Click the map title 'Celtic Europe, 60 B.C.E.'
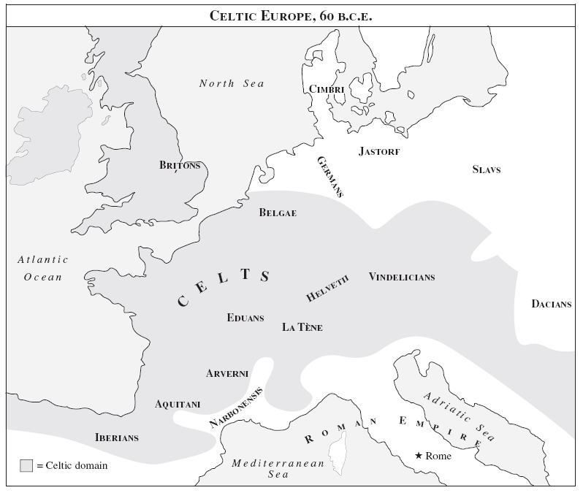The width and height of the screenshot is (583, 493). (291, 15)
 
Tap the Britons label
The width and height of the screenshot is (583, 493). (180, 165)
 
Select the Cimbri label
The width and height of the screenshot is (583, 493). (326, 89)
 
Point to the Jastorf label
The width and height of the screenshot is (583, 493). (379, 152)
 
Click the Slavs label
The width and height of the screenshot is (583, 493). (487, 169)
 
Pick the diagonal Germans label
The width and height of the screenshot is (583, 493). (330, 177)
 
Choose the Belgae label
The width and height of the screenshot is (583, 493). (278, 213)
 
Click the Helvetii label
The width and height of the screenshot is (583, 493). (328, 288)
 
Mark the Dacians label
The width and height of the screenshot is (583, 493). (551, 304)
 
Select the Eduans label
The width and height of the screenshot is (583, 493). (245, 318)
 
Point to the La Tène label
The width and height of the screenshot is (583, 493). (302, 327)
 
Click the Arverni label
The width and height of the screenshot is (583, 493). (227, 373)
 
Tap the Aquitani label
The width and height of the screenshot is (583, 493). (178, 404)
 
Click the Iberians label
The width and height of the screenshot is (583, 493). (117, 437)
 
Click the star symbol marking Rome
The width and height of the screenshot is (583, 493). (419, 456)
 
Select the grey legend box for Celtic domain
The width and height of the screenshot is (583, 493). (26, 465)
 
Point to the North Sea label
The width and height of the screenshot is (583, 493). (232, 83)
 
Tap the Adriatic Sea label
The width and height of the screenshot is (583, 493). (459, 417)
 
